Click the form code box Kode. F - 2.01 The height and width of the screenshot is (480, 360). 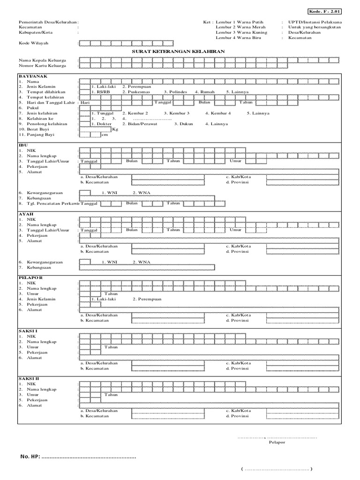(325, 11)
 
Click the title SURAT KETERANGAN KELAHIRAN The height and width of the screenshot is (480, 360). (178, 51)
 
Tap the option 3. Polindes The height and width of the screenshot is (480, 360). (175, 92)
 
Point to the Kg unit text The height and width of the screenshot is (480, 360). (115, 129)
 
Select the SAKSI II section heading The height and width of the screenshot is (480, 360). (29, 378)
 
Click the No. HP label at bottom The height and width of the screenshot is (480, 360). (30, 457)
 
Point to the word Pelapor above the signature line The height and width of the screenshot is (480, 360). (277, 442)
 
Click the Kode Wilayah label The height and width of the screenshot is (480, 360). (34, 43)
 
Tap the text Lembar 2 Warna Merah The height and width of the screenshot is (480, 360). (240, 27)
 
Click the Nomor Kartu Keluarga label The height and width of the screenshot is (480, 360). (42, 66)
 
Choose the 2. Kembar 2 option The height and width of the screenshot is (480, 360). (135, 113)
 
